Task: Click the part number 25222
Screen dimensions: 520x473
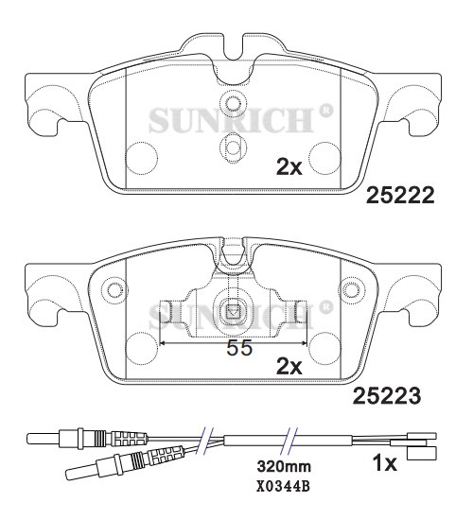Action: tap(399, 196)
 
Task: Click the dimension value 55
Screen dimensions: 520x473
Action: tap(239, 348)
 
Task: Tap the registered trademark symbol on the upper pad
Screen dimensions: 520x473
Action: tap(325, 110)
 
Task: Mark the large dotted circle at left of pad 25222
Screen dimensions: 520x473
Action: tap(142, 157)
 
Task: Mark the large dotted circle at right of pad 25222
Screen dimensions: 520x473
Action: tap(324, 157)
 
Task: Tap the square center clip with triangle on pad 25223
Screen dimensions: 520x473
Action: tap(233, 308)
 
